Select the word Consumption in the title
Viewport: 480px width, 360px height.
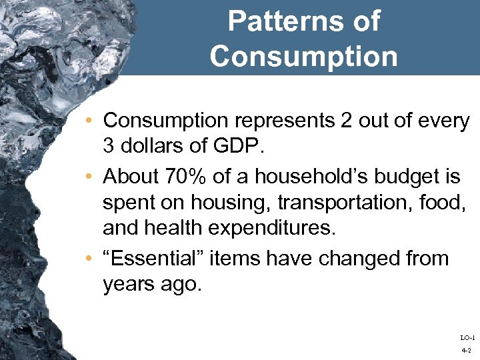pos(304,56)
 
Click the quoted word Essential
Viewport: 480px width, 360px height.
pos(153,257)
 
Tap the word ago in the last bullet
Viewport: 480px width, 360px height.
pos(181,283)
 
